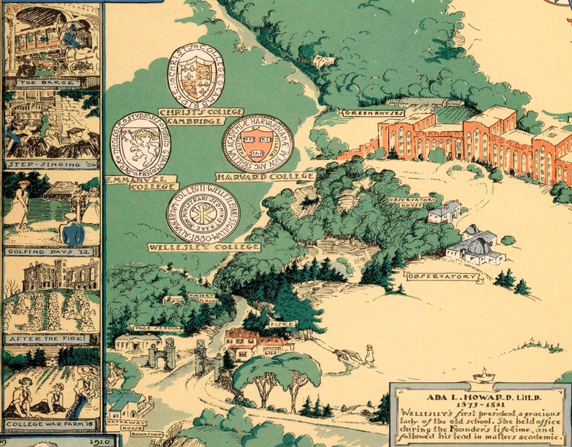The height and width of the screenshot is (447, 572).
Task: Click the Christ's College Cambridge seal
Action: coord(195,76)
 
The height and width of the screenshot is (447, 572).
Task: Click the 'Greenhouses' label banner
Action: coord(373,112)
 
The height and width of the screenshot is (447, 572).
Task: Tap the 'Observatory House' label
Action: coord(412,203)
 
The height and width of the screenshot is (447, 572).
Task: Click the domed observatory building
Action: coord(476,247)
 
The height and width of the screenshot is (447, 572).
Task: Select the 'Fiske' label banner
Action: coord(278,324)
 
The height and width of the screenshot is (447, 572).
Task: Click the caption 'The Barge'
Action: coord(51,82)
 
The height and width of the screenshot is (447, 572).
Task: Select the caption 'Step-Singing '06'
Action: coord(51,164)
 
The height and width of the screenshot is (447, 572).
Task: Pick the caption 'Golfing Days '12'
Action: coord(51,252)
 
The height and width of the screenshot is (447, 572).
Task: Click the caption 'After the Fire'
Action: coord(51,337)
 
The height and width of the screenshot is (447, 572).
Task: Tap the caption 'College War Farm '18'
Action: coord(51,423)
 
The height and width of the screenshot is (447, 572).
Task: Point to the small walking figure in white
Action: coord(370,355)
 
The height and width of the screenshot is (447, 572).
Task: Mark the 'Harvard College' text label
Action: coord(274,176)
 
